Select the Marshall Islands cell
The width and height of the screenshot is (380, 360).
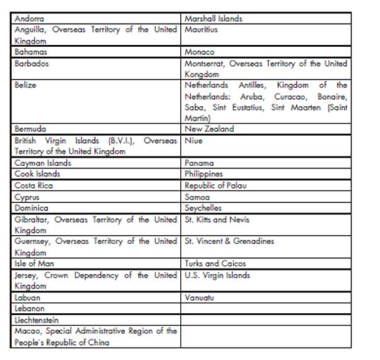(x=213, y=18)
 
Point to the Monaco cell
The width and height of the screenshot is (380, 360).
(x=199, y=52)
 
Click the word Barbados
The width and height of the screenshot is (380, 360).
(x=31, y=63)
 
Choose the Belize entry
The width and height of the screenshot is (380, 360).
(x=25, y=84)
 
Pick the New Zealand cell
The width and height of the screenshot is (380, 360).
(x=209, y=128)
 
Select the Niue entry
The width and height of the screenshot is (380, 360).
(x=193, y=140)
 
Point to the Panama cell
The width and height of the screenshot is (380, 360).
(x=199, y=162)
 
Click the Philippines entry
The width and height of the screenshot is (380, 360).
(x=204, y=174)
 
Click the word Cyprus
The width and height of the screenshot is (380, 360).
(x=27, y=196)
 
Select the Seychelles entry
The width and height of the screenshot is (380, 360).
(x=203, y=207)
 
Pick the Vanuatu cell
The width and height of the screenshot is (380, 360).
(x=199, y=297)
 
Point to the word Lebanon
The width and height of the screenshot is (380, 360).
(x=30, y=308)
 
